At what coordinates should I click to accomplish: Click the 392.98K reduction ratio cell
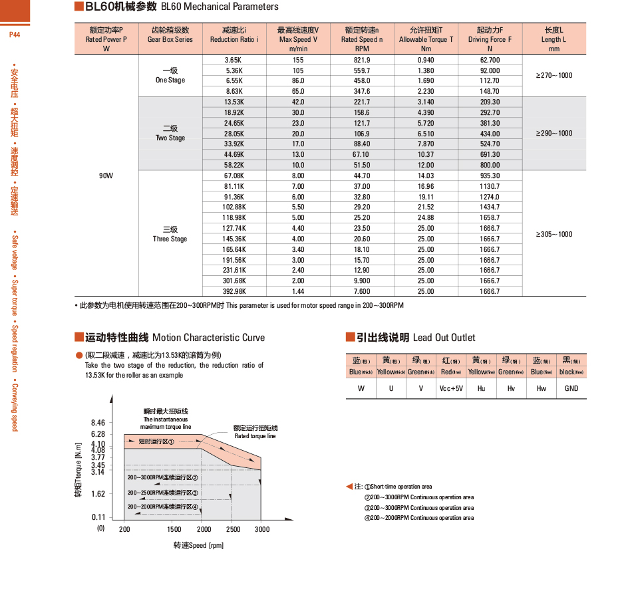235,291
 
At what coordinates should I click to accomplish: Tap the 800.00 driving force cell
490,165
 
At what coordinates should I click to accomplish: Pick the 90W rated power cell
106,176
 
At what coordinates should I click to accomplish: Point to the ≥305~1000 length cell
553,234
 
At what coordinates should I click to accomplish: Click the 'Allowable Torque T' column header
426,39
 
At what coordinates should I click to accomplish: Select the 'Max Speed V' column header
298,39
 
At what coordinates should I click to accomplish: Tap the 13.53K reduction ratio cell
235,102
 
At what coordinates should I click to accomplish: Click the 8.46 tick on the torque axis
98,423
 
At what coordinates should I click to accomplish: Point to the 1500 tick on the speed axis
174,529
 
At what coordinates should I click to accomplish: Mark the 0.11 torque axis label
98,517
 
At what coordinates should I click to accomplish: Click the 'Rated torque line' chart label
255,436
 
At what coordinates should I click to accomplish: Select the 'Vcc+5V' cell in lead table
451,388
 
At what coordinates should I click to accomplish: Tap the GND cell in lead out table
571,388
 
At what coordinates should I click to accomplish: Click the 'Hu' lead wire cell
481,388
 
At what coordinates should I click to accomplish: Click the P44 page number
15,35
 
